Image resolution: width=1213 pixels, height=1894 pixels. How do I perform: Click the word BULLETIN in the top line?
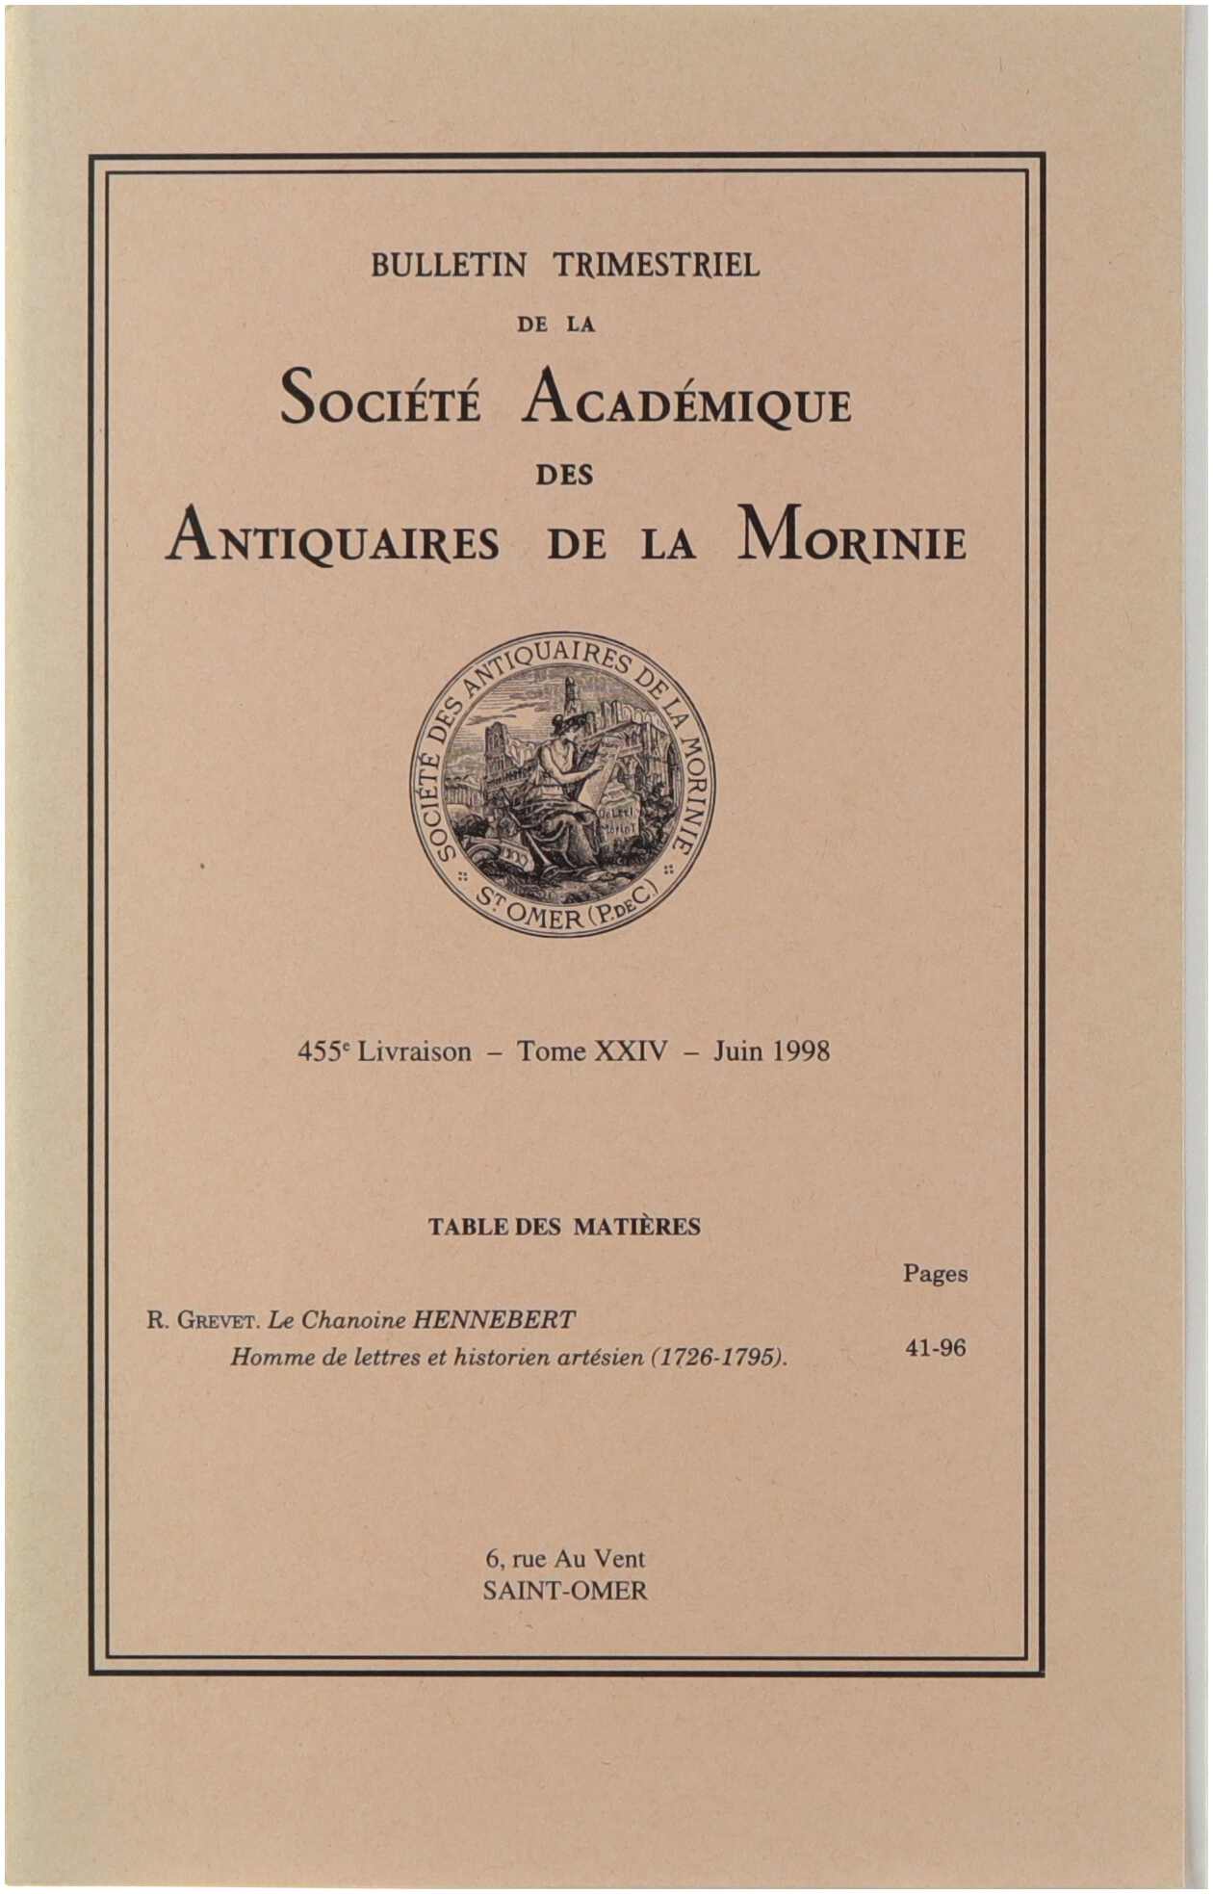pos(449,265)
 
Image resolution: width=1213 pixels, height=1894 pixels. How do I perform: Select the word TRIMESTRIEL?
pos(657,265)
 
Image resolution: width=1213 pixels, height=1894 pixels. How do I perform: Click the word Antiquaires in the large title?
pos(333,539)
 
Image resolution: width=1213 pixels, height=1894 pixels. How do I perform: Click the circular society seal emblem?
pos(564,785)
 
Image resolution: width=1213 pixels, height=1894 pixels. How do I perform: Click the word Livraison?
pos(415,1051)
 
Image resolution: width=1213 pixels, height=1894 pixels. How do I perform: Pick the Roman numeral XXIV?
pos(631,1051)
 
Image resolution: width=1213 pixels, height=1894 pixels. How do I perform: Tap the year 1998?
pos(798,1051)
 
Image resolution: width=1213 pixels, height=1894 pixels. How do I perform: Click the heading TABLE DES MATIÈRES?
pos(564,1227)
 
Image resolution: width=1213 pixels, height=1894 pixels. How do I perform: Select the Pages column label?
pos(935,1274)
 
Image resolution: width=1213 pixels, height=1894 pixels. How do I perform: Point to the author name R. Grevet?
pos(203,1319)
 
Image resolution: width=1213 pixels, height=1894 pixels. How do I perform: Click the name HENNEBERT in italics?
pos(494,1319)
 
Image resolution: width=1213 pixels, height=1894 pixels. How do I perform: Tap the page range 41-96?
pos(935,1348)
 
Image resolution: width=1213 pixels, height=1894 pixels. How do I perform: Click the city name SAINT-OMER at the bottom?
pos(565,1591)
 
